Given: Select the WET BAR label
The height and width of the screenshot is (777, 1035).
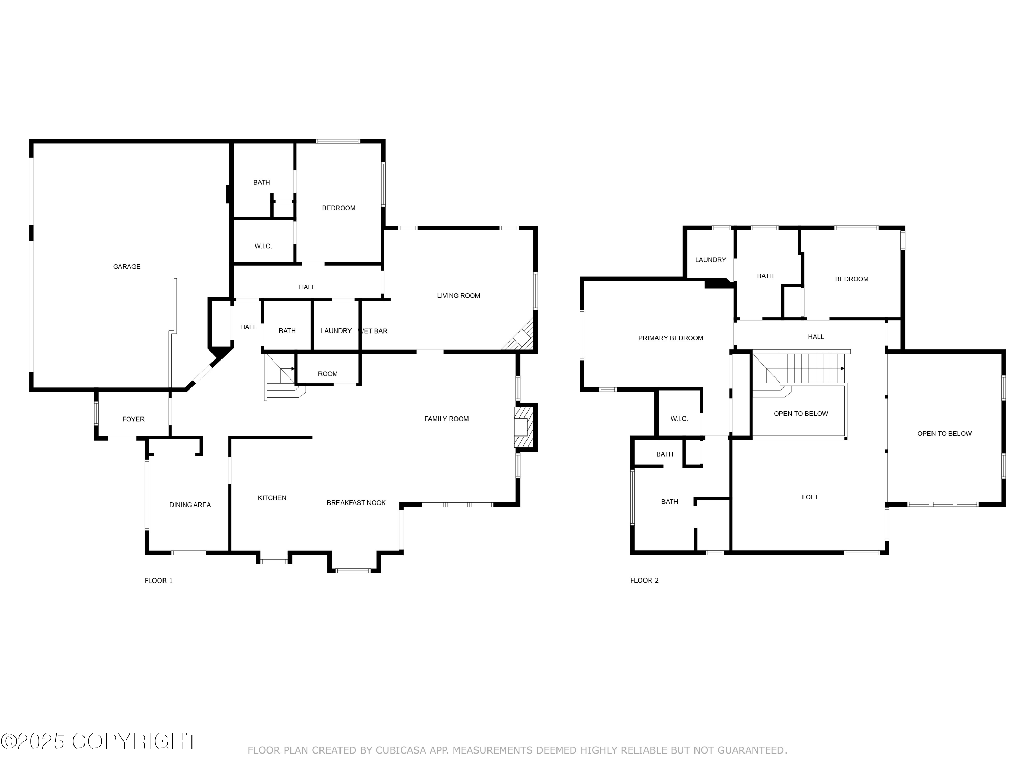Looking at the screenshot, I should (373, 331).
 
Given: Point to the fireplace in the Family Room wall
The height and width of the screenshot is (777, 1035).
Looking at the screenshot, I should (523, 427).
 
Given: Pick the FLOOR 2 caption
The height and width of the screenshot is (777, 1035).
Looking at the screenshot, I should (644, 580).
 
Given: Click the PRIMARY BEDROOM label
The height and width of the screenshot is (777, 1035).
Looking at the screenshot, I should (670, 338).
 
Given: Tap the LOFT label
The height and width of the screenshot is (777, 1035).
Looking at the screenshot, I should (810, 497).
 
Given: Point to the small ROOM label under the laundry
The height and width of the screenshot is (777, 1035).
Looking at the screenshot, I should (327, 374).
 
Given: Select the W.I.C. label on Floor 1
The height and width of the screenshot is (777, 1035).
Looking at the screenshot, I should (263, 246).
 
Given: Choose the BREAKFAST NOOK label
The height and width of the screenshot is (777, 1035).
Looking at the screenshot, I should (356, 502).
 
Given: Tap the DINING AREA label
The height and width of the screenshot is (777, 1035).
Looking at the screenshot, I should (190, 505).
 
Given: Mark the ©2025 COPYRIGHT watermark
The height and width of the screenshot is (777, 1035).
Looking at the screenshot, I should (99, 741).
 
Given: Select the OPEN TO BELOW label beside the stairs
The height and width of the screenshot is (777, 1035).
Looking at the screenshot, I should (801, 414).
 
